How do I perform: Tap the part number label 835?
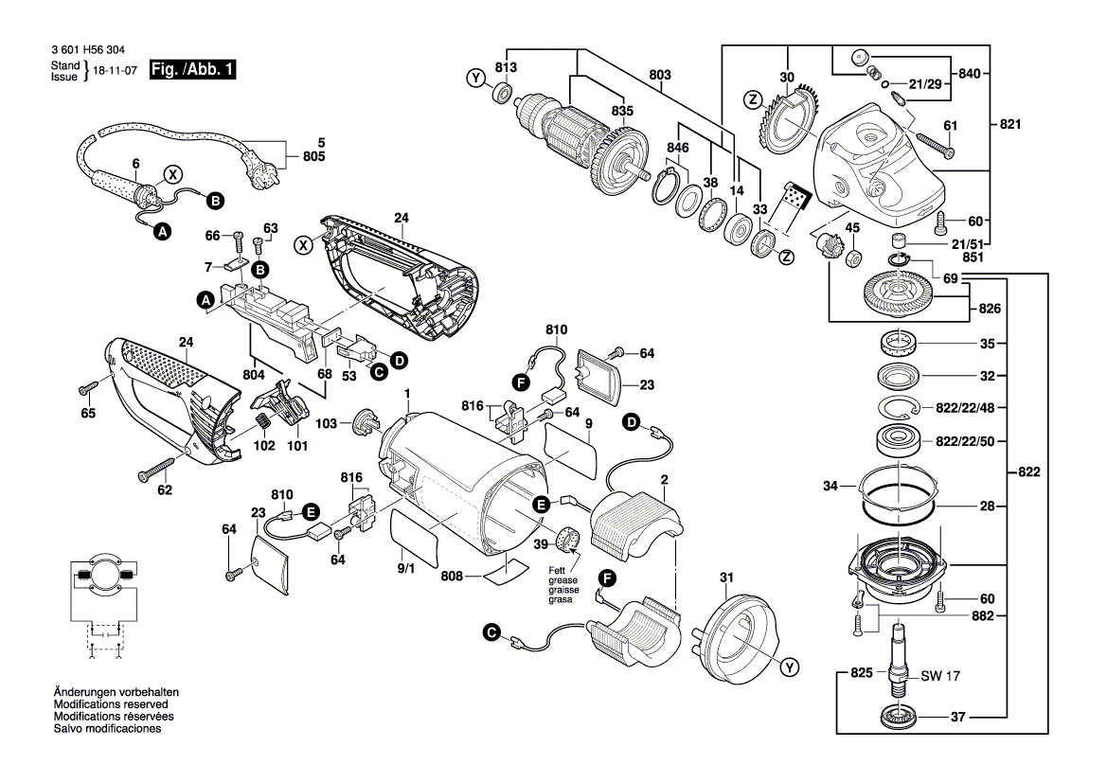click(621, 112)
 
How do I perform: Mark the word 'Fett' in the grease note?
click(559, 569)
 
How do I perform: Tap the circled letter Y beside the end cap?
click(787, 668)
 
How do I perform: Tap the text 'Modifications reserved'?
click(110, 705)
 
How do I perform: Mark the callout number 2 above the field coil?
click(665, 480)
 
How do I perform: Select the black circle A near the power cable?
click(162, 231)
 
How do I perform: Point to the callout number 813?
click(507, 67)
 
